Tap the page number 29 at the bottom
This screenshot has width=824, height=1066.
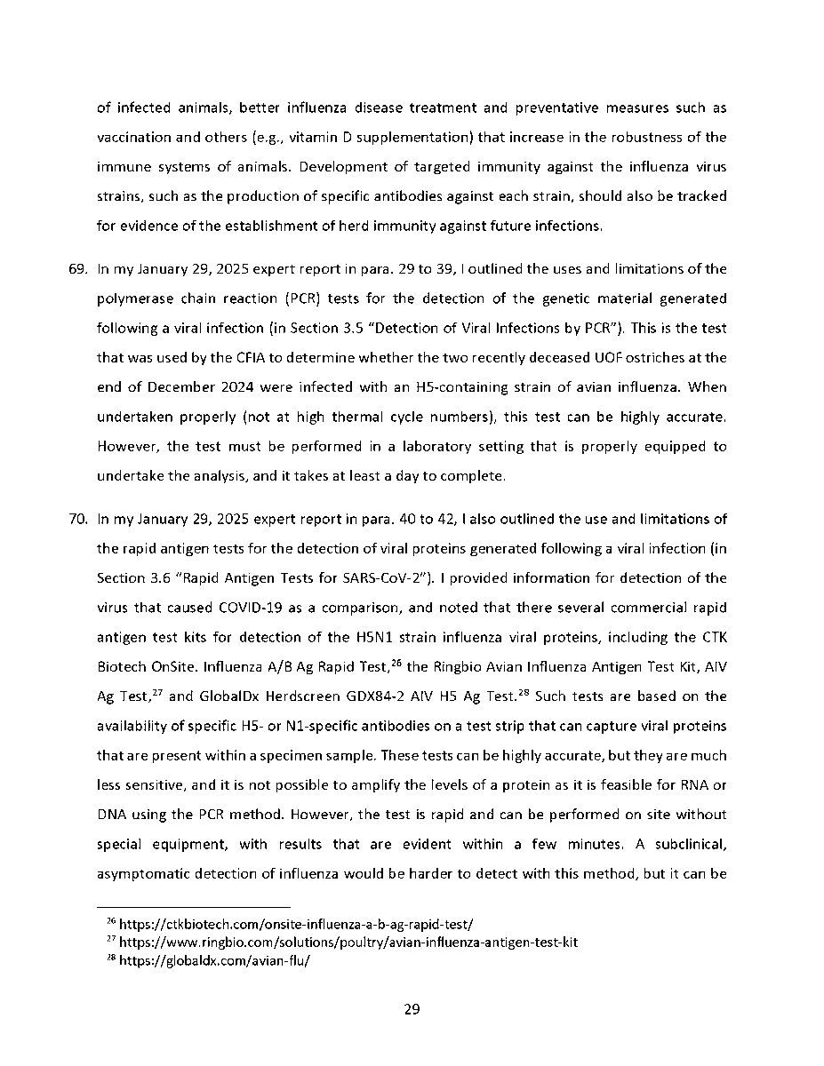click(412, 1009)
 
